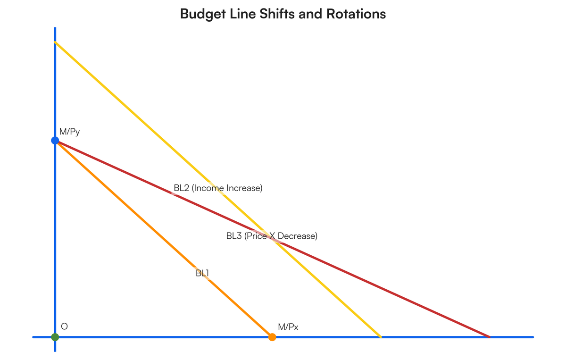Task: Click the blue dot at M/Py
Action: (55, 140)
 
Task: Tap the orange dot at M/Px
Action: (272, 337)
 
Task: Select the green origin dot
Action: (55, 337)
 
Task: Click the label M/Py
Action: (69, 132)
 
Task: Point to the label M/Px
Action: (288, 327)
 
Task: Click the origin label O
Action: (65, 327)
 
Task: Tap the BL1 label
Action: (202, 273)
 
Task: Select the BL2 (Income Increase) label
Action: (218, 188)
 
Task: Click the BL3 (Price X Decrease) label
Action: (272, 236)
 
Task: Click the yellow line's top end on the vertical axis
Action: (55, 42)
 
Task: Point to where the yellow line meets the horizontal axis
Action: (381, 337)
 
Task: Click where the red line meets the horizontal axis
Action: (490, 337)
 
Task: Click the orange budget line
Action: (164, 239)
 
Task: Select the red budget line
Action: (273, 239)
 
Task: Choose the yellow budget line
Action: (218, 189)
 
